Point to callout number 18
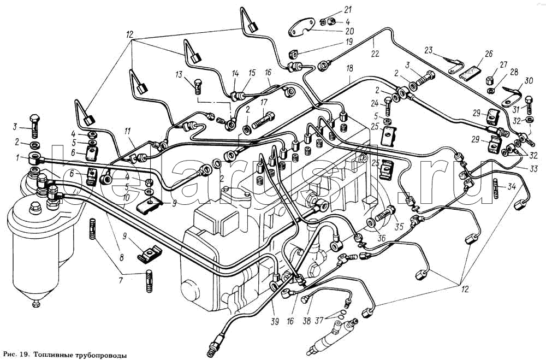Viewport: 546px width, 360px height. click(350, 68)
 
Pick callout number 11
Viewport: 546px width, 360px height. click(127, 131)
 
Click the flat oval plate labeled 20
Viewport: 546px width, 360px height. click(301, 27)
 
